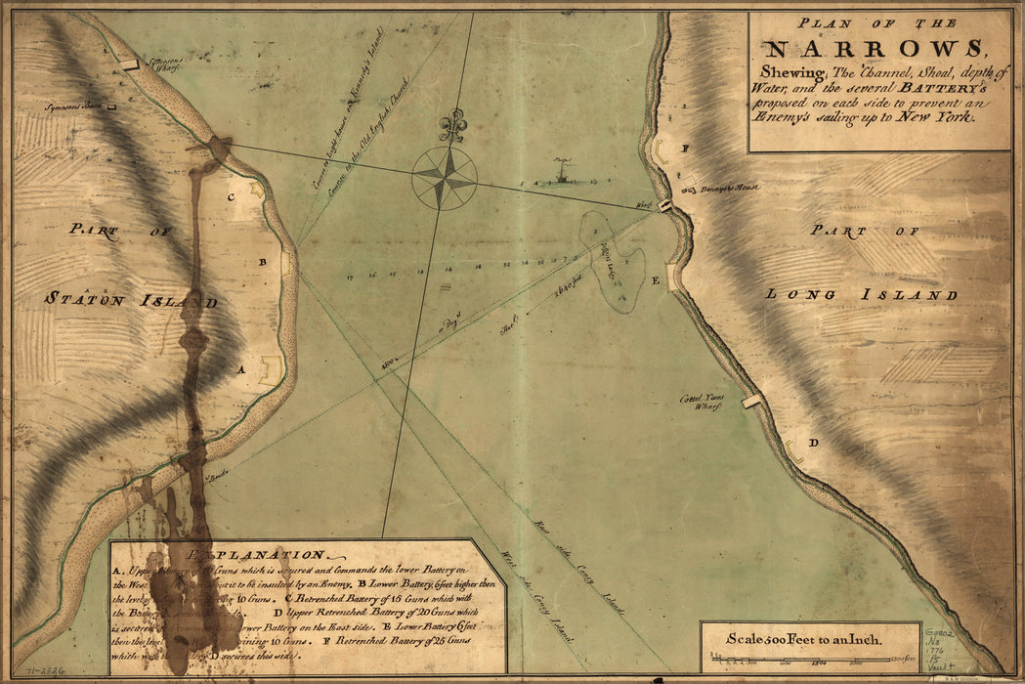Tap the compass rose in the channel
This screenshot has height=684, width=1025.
(x=445, y=177)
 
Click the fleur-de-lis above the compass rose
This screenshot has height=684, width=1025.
(x=451, y=125)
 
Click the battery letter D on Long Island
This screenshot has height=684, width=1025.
(x=813, y=443)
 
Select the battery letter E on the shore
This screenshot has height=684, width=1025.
(x=656, y=280)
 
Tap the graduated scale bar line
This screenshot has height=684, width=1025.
(x=810, y=664)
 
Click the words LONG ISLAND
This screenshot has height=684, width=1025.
(x=860, y=294)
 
